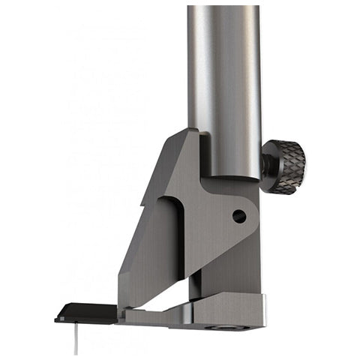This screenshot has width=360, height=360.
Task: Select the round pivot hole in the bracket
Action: (238, 216)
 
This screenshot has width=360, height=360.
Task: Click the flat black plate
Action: (86, 313)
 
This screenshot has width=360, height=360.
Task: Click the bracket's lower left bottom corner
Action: (120, 304)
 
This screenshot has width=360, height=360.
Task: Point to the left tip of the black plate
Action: (56, 318)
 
